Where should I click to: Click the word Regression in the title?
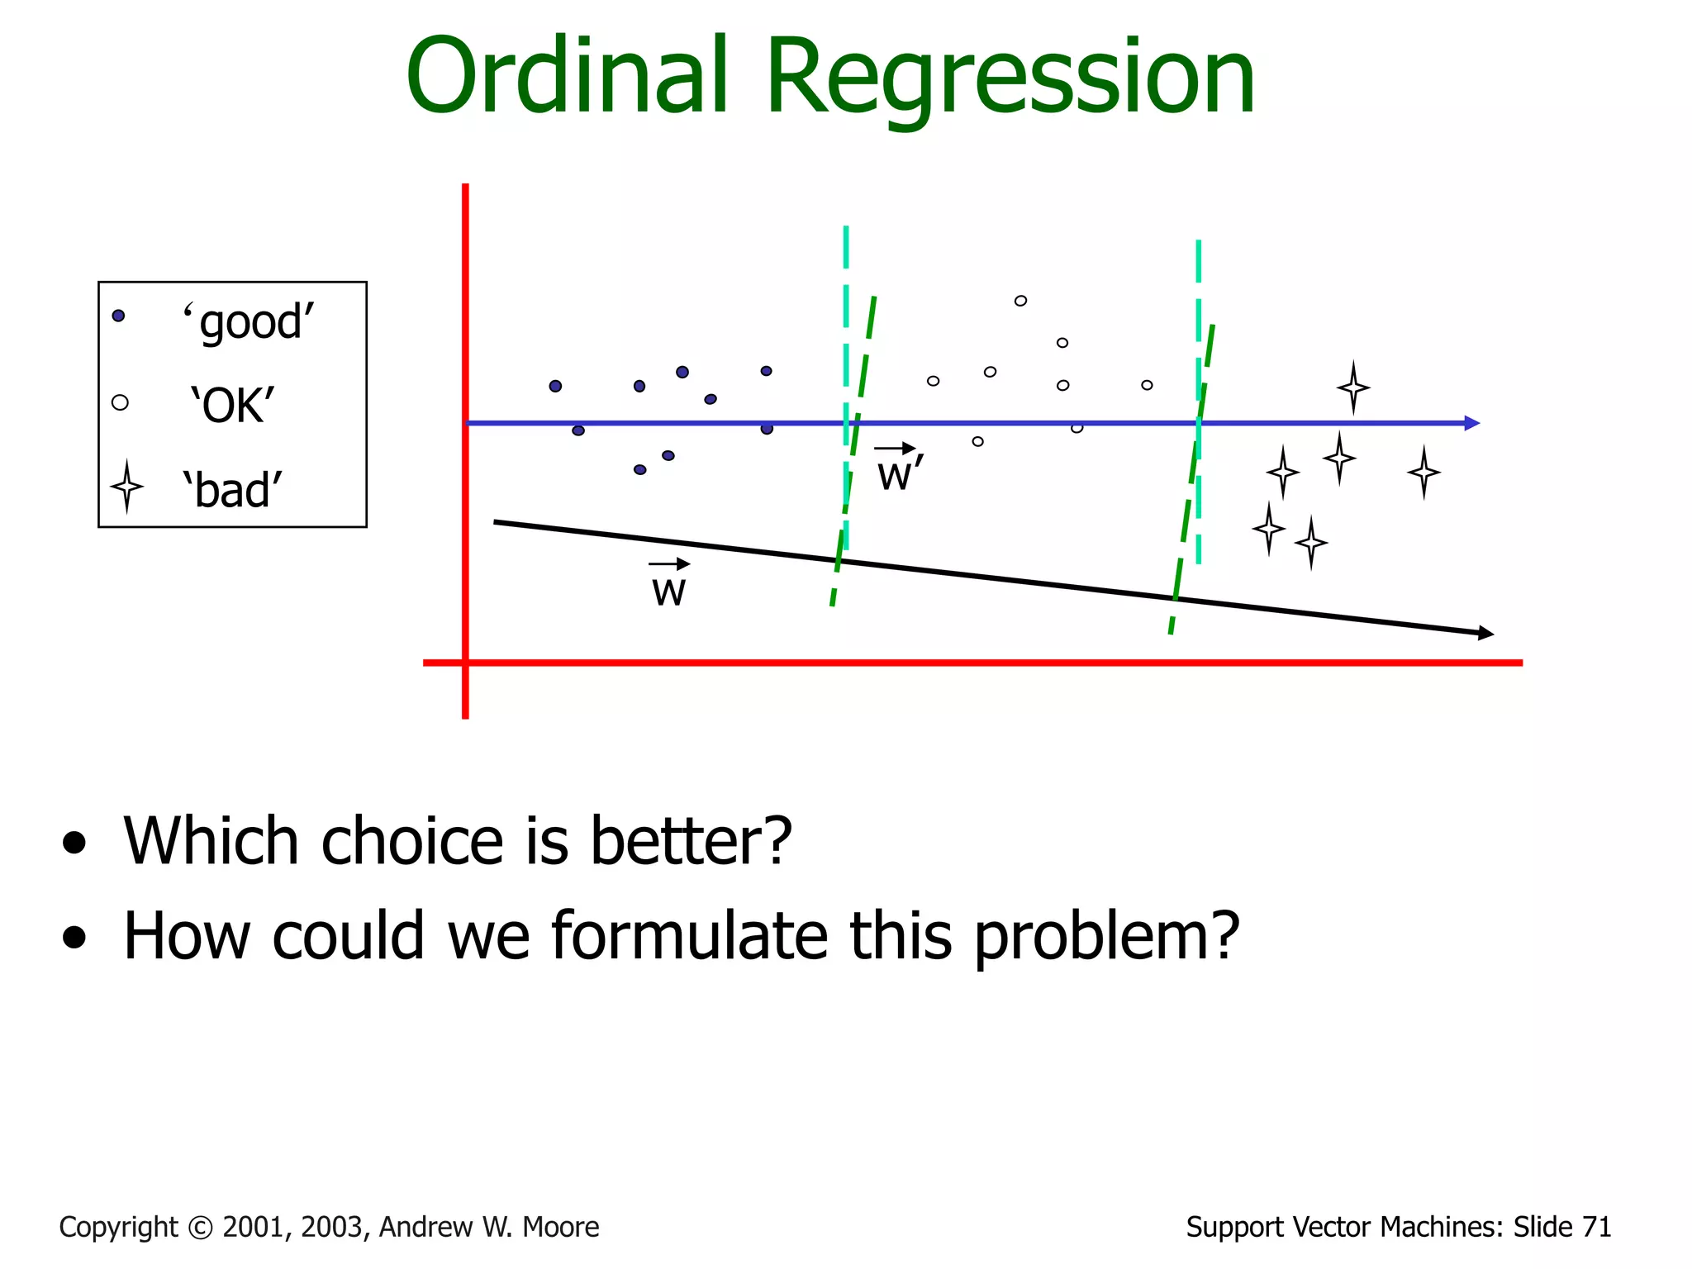[1010, 79]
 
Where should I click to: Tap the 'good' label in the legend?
[248, 321]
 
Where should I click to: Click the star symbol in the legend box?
[126, 487]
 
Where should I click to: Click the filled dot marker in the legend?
[118, 316]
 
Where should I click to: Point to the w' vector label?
[899, 473]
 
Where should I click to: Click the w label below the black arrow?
[668, 590]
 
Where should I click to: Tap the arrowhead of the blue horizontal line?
[1471, 423]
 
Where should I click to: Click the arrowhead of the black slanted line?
[1485, 633]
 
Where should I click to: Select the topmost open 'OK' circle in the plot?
[1020, 301]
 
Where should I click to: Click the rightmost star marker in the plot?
[1423, 472]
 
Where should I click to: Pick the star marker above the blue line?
[1353, 387]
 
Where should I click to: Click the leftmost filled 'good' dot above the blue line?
[555, 386]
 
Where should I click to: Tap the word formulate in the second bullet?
[689, 936]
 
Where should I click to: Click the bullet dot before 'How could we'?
[74, 937]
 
